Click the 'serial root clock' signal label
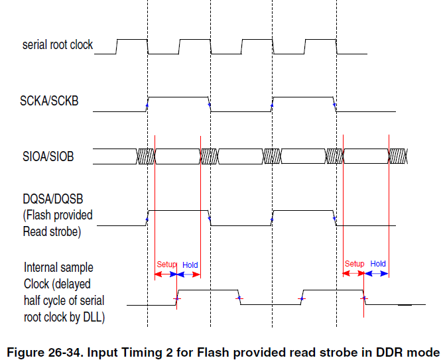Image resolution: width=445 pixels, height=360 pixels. coord(58,45)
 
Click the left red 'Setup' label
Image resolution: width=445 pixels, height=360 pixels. coord(166,265)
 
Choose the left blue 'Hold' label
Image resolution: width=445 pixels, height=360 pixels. coord(190,265)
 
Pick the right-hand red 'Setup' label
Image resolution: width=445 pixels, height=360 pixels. coord(354,264)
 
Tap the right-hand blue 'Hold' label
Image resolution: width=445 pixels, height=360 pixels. coord(377,264)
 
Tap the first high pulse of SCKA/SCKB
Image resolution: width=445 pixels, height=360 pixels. coord(178,98)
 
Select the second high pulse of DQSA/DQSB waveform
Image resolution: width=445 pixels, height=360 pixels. coord(304,211)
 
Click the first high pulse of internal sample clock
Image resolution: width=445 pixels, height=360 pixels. coord(208,290)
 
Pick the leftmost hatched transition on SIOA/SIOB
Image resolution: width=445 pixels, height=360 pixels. coord(145,156)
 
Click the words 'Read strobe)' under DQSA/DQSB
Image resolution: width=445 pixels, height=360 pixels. coord(52,231)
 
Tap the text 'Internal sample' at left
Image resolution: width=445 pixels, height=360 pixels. coord(58,268)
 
